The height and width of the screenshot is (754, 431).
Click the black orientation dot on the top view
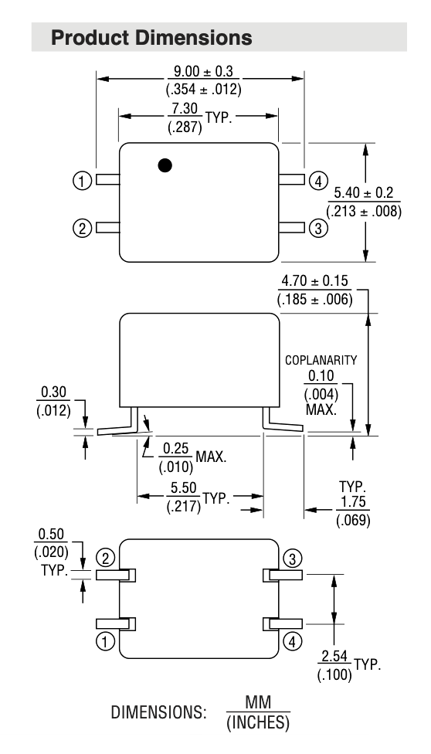165,165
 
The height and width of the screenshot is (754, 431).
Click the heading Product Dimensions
151,38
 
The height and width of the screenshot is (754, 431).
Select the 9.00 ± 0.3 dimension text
203,72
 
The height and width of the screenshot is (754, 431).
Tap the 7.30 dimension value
185,109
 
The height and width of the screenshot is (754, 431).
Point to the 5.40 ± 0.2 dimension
364,193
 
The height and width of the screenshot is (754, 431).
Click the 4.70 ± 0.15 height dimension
314,281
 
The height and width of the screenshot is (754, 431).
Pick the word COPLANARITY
321,360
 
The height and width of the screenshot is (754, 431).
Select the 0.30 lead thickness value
53,392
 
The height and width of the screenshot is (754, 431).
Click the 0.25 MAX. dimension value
175,449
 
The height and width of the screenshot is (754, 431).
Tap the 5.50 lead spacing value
184,488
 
